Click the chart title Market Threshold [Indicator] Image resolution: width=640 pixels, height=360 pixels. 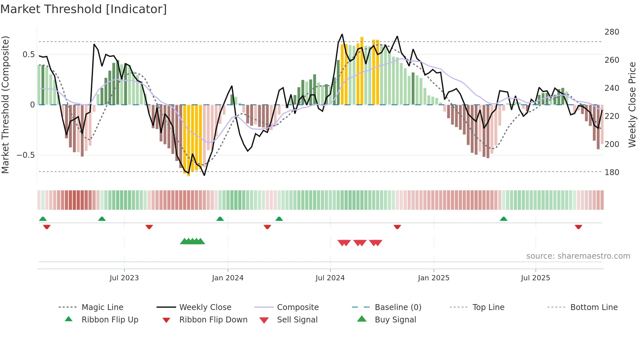(84, 9)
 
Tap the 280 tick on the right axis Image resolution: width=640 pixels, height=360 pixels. (612, 32)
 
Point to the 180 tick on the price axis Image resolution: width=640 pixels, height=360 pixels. (612, 172)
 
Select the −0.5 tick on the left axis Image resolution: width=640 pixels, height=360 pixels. (25, 155)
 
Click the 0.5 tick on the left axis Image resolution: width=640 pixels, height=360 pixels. (28, 54)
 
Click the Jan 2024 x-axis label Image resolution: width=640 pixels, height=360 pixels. (228, 278)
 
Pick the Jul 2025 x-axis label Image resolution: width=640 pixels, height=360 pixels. (535, 278)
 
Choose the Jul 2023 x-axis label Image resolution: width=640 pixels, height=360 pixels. (124, 278)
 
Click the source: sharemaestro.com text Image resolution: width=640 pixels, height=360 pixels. (578, 256)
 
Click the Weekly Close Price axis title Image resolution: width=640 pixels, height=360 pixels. (632, 105)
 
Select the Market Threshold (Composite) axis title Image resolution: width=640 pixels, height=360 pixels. (5, 105)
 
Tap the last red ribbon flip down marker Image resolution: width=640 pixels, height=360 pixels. (578, 227)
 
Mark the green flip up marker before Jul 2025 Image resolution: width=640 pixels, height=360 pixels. (504, 219)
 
